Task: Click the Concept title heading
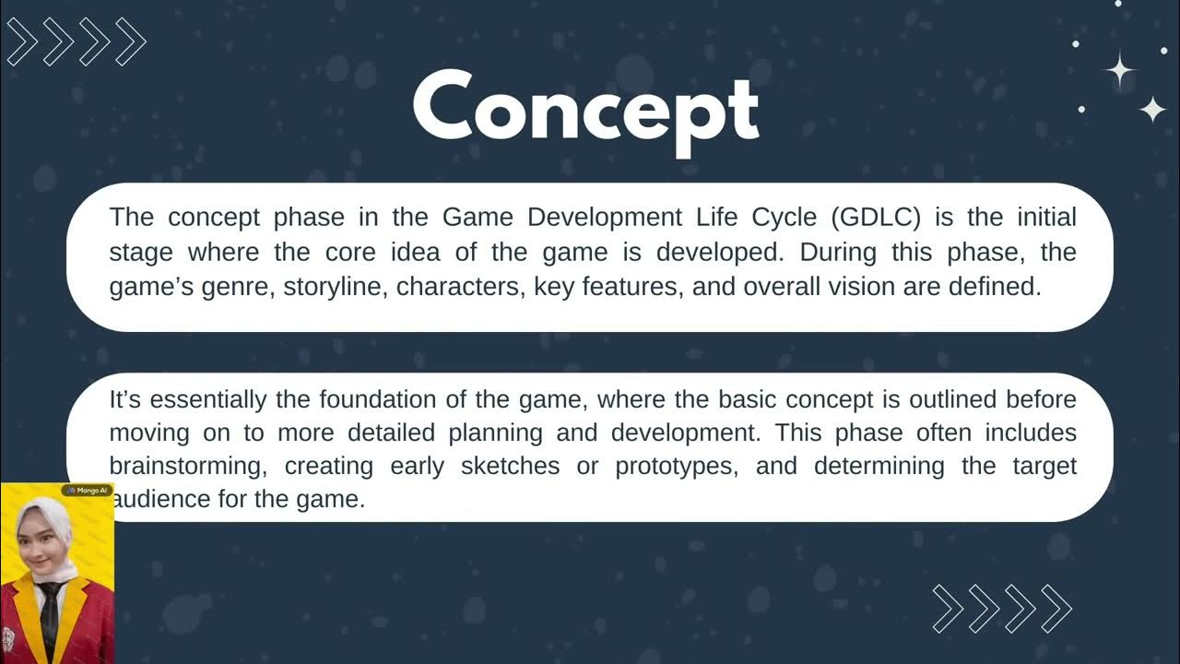click(x=586, y=111)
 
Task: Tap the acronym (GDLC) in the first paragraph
click(x=880, y=218)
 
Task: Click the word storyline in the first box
click(x=335, y=287)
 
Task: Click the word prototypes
click(x=676, y=466)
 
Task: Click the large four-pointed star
click(x=1120, y=70)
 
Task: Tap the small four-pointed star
click(x=1152, y=110)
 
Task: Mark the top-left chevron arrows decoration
click(x=76, y=41)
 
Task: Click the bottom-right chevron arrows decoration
click(x=1002, y=609)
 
